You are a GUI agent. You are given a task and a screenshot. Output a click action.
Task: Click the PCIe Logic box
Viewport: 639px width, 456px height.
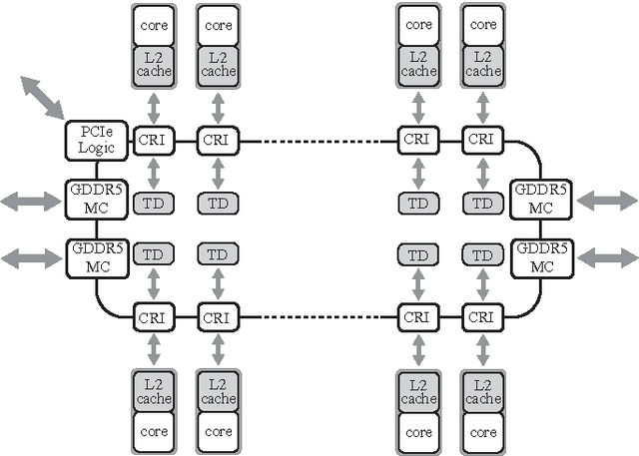click(97, 140)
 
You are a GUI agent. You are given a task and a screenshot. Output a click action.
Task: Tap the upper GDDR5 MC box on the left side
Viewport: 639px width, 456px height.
click(97, 201)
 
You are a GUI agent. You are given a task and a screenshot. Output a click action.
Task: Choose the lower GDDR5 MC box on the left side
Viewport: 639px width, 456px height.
click(97, 257)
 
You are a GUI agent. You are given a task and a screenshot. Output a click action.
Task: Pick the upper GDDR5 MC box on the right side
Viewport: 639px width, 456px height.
click(540, 201)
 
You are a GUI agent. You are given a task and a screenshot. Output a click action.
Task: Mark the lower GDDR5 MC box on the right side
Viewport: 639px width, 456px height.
click(540, 257)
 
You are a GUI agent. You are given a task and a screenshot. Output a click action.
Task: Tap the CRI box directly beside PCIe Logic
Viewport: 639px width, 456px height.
click(153, 141)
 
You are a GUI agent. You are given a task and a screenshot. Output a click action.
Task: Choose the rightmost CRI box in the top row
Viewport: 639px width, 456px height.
click(482, 141)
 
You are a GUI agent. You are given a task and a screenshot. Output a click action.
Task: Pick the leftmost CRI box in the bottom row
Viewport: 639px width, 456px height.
click(153, 318)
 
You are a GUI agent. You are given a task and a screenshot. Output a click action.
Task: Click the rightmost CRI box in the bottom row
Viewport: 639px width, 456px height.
click(482, 318)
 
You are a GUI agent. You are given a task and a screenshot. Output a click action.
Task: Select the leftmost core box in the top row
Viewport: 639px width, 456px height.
click(153, 24)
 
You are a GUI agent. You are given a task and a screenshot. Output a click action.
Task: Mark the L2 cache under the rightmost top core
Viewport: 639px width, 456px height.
click(482, 63)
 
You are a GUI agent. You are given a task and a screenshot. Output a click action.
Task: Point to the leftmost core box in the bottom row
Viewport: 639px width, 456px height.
click(153, 432)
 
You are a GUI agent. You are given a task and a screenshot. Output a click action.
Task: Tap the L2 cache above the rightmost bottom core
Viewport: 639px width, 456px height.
click(482, 392)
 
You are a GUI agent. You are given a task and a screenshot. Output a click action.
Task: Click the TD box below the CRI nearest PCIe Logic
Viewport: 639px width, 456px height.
click(153, 203)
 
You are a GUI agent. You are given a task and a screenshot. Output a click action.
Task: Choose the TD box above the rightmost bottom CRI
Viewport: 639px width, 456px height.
click(482, 254)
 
